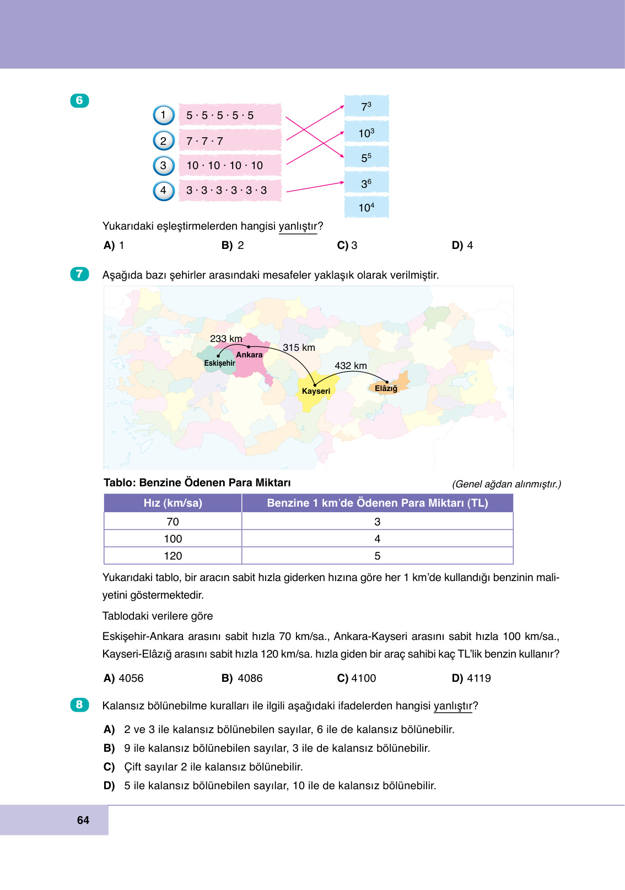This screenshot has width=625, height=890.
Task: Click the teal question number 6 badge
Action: (x=79, y=100)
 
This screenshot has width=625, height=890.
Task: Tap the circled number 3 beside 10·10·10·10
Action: (x=163, y=165)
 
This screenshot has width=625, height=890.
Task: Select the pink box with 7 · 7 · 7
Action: (x=230, y=141)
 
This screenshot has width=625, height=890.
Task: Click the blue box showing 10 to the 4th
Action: (x=367, y=208)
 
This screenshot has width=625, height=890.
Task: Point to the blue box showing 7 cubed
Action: (x=367, y=106)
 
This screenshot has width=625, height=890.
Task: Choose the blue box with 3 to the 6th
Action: (x=367, y=183)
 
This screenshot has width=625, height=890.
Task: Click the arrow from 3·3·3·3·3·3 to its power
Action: (x=315, y=187)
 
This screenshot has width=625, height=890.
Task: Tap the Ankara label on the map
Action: (x=249, y=355)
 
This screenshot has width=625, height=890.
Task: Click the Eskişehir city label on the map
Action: (x=219, y=363)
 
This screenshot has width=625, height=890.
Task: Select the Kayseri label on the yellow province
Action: (x=316, y=391)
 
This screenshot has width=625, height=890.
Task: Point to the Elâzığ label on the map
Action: (x=386, y=388)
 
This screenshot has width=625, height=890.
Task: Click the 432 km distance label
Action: (x=351, y=366)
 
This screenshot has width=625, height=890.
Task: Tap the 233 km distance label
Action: (x=226, y=339)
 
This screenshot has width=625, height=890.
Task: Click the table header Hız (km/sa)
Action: (x=173, y=503)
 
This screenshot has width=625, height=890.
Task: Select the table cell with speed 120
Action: (x=173, y=556)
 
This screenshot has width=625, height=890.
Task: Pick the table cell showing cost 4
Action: (x=377, y=539)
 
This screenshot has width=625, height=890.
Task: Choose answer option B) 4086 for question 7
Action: (x=242, y=678)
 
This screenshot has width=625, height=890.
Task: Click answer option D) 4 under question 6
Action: (x=462, y=245)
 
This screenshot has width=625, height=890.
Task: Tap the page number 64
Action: (x=83, y=820)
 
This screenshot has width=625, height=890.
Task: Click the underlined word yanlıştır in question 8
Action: (x=452, y=706)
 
